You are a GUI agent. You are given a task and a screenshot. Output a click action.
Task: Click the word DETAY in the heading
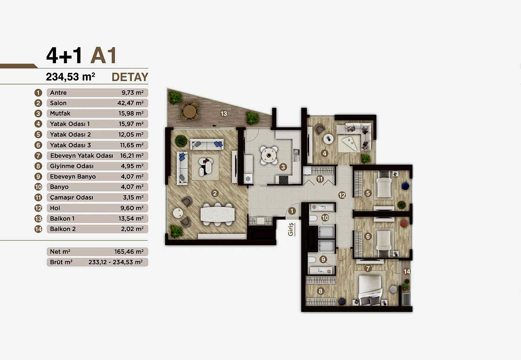[x=130, y=77]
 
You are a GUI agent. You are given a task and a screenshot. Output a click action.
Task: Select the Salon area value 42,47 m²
[x=131, y=103]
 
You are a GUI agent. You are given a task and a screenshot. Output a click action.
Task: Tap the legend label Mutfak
[x=60, y=113]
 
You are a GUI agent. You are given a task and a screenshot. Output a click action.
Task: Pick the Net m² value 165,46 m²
[x=129, y=252]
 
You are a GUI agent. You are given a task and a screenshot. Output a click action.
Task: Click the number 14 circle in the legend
[x=38, y=229]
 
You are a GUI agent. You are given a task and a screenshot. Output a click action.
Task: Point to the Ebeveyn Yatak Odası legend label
[x=82, y=155]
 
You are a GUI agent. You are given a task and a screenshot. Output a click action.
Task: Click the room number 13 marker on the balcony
[x=224, y=114]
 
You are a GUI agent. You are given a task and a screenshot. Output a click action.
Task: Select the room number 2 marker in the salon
[x=215, y=193]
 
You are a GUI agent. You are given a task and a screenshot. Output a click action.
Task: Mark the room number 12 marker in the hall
[x=342, y=195]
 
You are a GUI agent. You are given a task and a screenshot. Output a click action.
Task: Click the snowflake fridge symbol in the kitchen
[x=248, y=179]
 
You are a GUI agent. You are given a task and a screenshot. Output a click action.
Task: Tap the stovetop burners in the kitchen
[x=284, y=180]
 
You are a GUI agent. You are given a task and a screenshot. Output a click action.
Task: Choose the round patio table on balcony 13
[x=190, y=111]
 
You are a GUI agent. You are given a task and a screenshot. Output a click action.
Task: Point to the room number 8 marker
[x=320, y=291]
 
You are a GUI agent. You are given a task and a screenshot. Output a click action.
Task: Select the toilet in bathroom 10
[x=313, y=218]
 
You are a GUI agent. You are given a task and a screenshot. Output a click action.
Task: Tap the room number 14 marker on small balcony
[x=407, y=271]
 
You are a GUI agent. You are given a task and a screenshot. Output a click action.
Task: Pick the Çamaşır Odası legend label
[x=71, y=197]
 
